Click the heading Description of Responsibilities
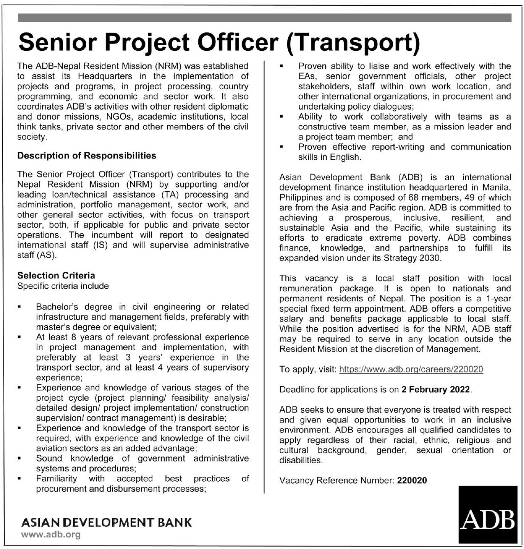click(x=87, y=156)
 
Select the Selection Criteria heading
click(x=56, y=276)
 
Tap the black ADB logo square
click(x=488, y=515)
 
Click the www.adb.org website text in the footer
click(x=51, y=535)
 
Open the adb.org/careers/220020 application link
click(x=411, y=369)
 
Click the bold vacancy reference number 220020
click(x=412, y=480)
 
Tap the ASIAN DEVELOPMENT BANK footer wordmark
click(x=106, y=522)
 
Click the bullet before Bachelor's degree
click(x=19, y=307)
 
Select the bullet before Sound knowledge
click(x=19, y=458)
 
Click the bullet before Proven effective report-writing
click(x=281, y=147)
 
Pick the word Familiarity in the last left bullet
click(x=56, y=478)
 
